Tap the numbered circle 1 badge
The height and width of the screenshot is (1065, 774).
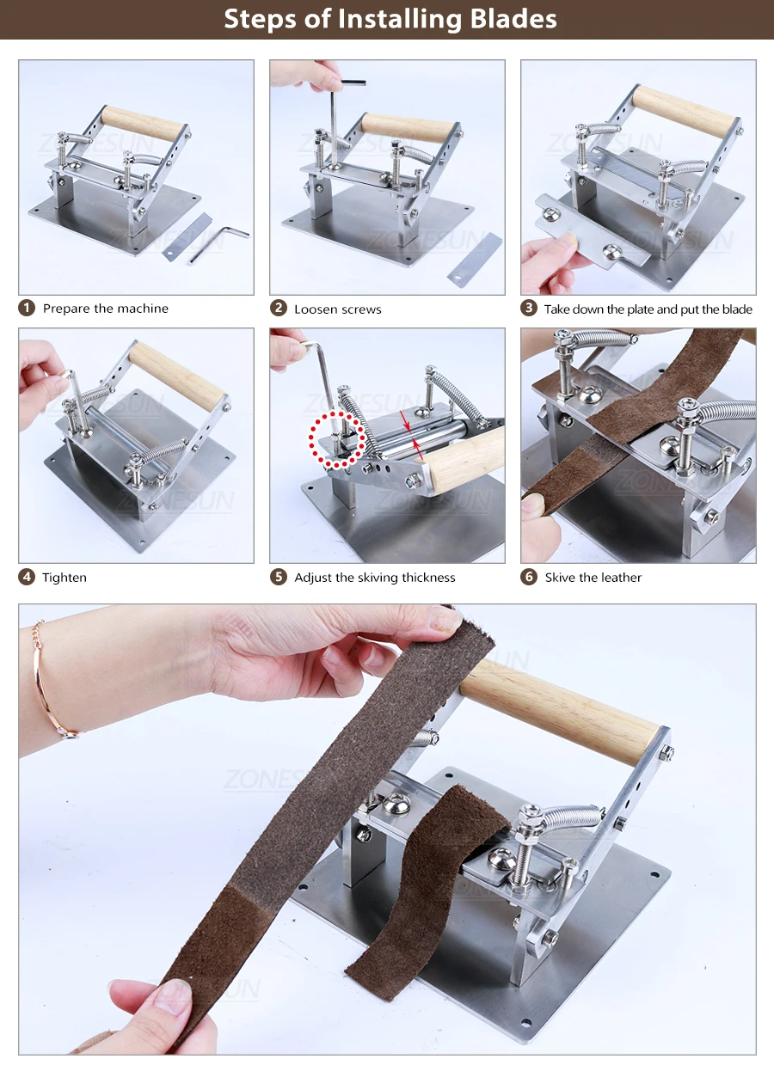(28, 308)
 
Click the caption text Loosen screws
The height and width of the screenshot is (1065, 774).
(337, 309)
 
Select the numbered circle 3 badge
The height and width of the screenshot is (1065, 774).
(529, 308)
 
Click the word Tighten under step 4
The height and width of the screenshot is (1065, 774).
(64, 577)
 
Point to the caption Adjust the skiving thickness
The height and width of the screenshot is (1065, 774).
(375, 577)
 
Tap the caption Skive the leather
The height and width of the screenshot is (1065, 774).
(593, 577)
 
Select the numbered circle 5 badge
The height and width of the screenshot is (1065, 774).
(279, 577)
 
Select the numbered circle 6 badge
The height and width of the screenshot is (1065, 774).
(529, 577)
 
